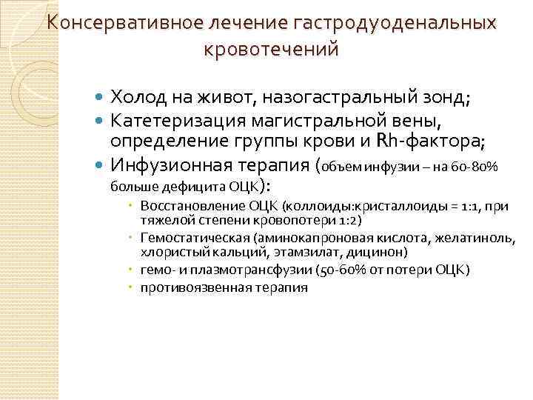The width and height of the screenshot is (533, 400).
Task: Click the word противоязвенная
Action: coord(185,288)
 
